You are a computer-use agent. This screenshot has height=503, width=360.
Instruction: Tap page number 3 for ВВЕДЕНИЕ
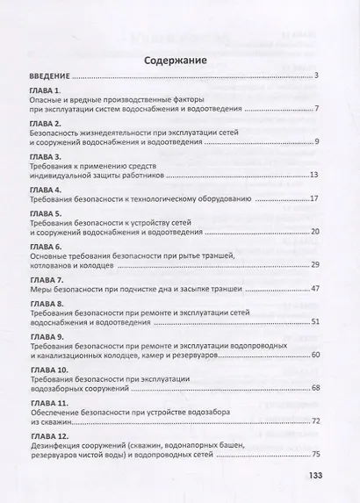(x=315, y=76)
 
